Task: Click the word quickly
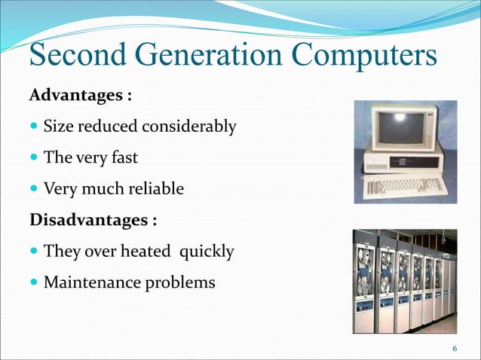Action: (206, 252)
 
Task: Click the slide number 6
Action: (455, 348)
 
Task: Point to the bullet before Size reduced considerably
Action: (35, 127)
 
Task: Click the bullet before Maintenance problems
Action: (35, 283)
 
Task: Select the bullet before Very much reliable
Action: (35, 189)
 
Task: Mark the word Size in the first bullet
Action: (57, 127)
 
